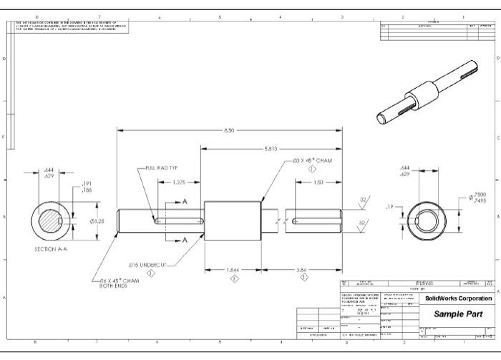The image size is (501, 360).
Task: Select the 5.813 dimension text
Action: pos(271,149)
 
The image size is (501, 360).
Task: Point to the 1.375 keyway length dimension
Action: pos(179,183)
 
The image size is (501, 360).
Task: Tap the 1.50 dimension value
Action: pos(318,183)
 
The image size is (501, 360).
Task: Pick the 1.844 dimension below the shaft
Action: pos(234,270)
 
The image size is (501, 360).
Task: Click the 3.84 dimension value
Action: pos(303,270)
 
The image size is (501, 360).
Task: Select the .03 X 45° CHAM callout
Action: pos(313,161)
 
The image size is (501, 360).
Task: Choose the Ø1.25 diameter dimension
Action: pos(97,221)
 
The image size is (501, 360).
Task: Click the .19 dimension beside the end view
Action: pos(391,206)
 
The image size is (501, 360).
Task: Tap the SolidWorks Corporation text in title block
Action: pos(458,298)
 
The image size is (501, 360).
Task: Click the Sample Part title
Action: pos(458,314)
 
